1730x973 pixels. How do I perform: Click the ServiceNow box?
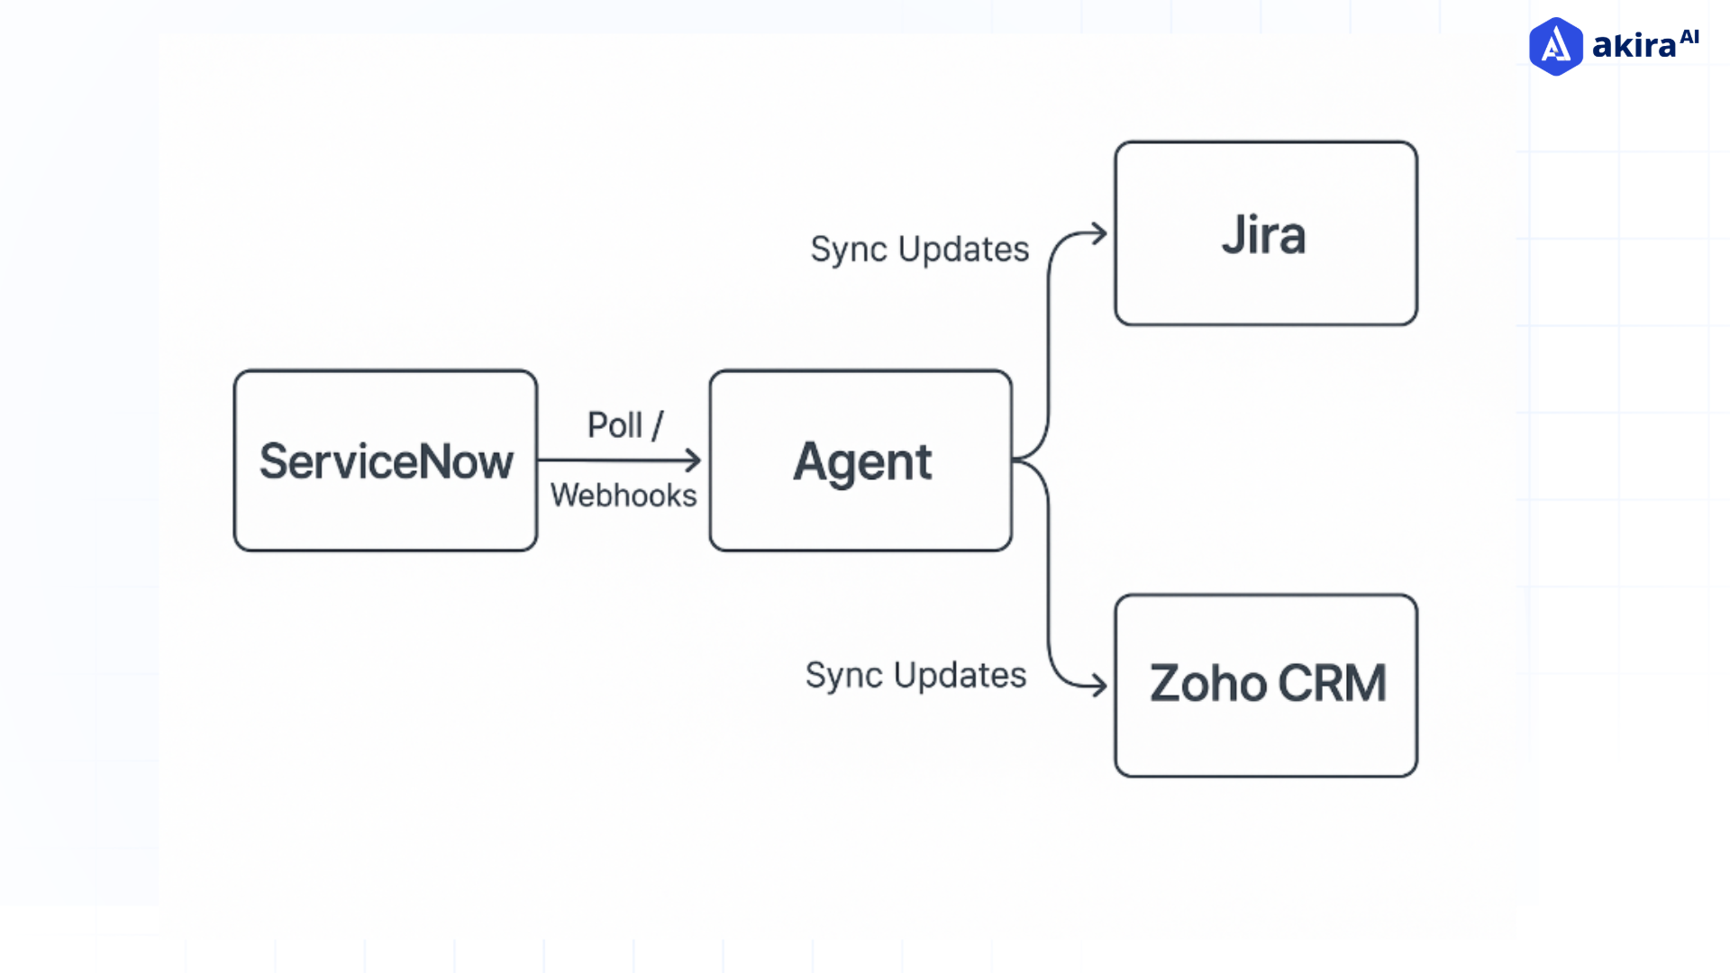point(385,460)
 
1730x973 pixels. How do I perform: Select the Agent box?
point(860,460)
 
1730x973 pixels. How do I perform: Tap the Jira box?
point(1265,233)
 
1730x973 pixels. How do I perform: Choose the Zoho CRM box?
point(1265,686)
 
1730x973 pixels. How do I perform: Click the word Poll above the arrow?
point(615,425)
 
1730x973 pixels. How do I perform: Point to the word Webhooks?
point(624,496)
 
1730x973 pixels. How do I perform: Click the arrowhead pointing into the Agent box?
point(694,460)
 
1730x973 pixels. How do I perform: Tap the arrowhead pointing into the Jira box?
point(1098,234)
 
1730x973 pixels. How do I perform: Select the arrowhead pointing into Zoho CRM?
point(1098,685)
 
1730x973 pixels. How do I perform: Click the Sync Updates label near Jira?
point(919,250)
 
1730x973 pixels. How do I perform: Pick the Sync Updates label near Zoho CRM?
point(915,676)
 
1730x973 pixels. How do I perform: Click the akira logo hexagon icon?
point(1555,47)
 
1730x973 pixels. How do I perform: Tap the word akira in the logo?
point(1633,46)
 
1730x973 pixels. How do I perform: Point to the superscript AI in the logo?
point(1689,37)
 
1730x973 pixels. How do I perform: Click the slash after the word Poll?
point(657,425)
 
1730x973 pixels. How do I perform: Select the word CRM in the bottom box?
point(1332,684)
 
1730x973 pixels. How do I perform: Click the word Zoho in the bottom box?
point(1208,684)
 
